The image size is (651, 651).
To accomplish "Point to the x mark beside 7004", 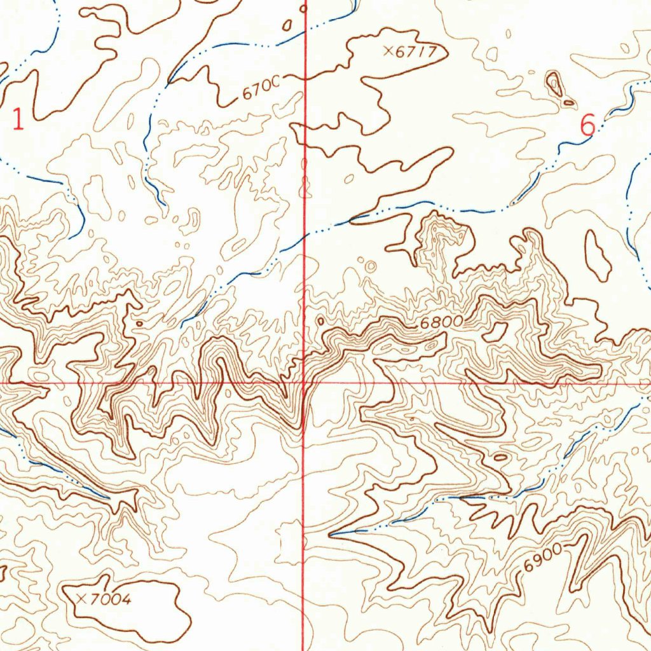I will tap(81, 598).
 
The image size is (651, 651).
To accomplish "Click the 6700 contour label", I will tap(261, 92).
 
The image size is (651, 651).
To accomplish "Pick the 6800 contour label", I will tap(441, 323).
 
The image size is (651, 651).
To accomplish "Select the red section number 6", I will tap(588, 125).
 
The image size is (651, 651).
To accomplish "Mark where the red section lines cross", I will tap(305, 383).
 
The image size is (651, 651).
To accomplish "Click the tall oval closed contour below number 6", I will tap(598, 256).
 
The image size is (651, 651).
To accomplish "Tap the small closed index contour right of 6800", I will tap(496, 331).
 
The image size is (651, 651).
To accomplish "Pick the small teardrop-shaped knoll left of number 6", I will tap(554, 85).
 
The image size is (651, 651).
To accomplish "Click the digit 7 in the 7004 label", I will tap(94, 599).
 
